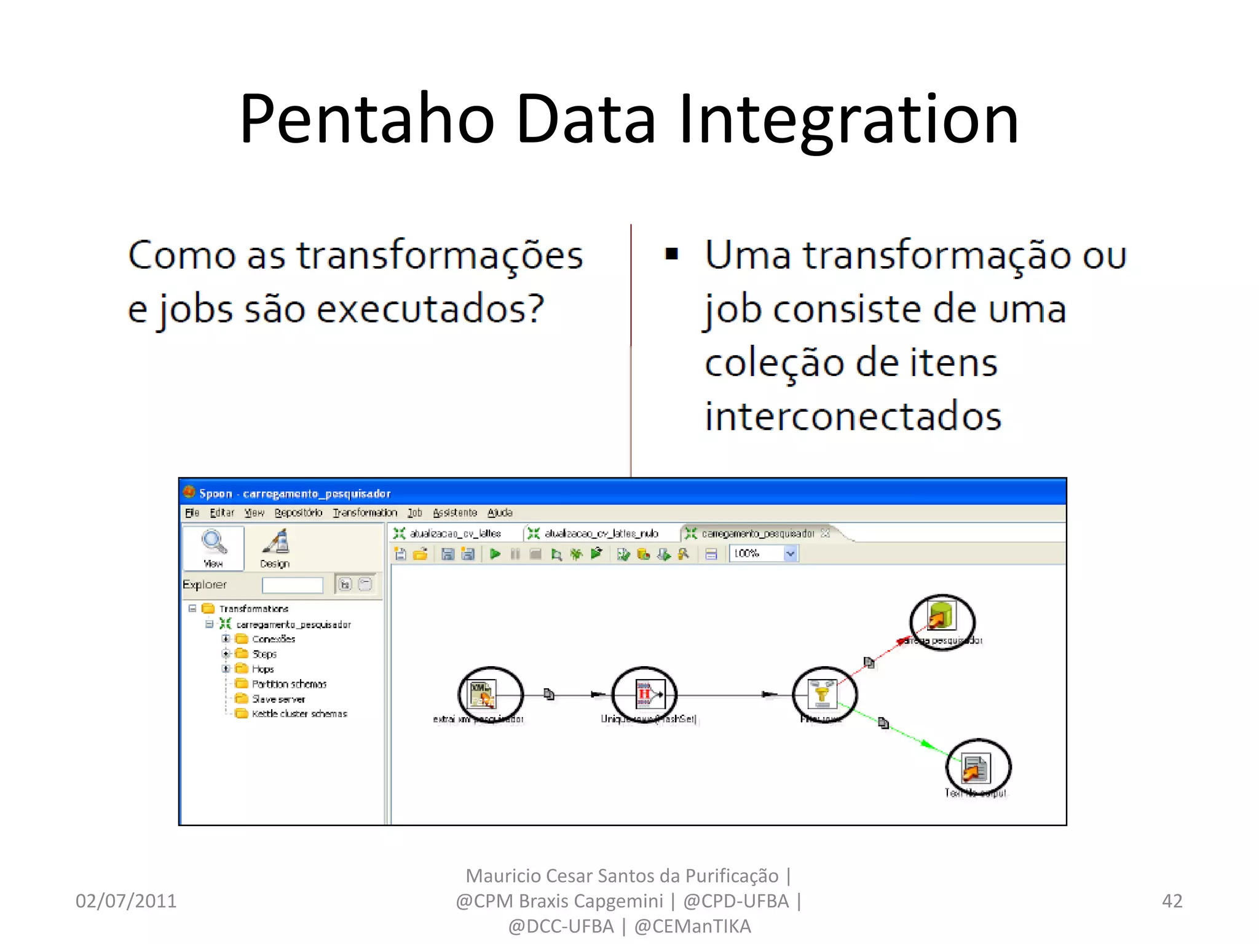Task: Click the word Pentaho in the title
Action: point(367,119)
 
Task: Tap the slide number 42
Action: point(1172,901)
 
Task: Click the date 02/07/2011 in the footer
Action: point(126,901)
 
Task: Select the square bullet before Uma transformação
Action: point(671,254)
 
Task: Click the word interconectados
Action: point(853,417)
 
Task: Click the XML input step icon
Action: point(482,693)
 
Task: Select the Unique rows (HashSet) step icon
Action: point(645,694)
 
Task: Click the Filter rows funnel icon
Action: point(823,693)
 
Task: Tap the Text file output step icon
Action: point(976,768)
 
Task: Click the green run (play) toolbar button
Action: point(495,554)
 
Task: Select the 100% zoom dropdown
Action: point(764,554)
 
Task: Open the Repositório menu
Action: point(298,513)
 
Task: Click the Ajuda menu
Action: point(500,513)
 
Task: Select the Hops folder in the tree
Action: point(262,669)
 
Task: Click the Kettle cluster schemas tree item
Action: point(299,714)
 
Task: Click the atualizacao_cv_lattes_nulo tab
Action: point(600,533)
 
